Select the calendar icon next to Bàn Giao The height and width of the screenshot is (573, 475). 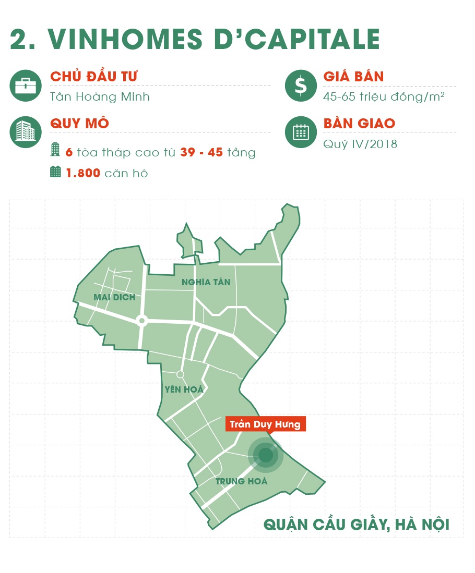point(301,132)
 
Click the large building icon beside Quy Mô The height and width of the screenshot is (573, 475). point(26,132)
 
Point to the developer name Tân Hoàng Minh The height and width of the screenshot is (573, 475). point(100,97)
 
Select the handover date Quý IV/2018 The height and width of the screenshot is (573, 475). point(360,143)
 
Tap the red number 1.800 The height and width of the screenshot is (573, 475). point(83,173)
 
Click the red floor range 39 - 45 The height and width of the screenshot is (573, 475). point(202,153)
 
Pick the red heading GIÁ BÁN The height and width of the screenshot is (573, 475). point(353,77)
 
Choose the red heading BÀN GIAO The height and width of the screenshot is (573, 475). point(359,124)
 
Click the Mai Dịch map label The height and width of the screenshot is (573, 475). point(114,297)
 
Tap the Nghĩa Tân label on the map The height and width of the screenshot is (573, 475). point(206,282)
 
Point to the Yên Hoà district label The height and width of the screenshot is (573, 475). point(184,389)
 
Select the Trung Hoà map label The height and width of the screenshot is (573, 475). point(241,481)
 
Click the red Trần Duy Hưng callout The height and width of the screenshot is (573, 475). point(265,424)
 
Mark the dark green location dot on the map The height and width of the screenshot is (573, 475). point(266,455)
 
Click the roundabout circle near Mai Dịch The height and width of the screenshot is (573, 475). point(141,321)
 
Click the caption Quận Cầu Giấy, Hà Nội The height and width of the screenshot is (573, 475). point(357,524)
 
